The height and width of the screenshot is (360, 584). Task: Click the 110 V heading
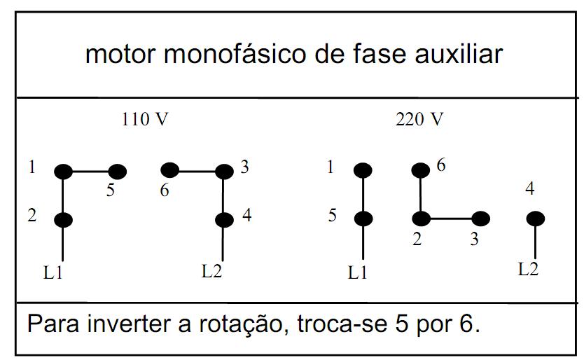click(145, 120)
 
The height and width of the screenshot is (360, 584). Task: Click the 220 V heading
click(419, 120)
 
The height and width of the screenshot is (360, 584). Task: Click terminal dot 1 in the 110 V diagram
click(63, 171)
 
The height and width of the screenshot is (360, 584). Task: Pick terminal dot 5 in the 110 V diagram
click(117, 171)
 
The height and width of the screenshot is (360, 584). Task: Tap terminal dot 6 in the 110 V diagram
click(170, 170)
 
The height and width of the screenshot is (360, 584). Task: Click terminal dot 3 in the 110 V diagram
click(223, 171)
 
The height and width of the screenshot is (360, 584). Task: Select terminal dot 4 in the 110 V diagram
click(223, 220)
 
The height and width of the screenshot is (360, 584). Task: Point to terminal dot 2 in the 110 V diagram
click(63, 220)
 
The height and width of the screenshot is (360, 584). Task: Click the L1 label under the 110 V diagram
click(53, 272)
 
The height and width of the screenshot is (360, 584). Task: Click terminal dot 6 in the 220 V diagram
click(420, 170)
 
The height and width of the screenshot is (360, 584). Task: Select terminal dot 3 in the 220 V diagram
click(480, 219)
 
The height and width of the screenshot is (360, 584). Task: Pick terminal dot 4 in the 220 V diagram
click(535, 219)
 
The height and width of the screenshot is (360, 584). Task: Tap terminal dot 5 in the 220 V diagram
click(363, 219)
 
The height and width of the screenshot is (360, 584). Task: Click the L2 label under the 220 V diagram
click(529, 268)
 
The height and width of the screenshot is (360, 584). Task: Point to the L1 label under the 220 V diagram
click(358, 272)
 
